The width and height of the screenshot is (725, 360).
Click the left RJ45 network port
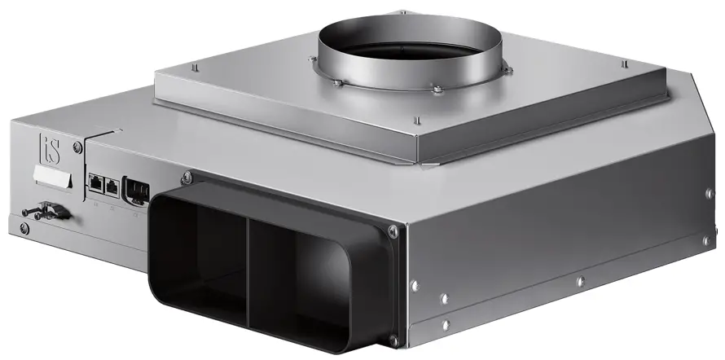click(x=96, y=184)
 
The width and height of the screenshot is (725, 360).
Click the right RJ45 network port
click(x=112, y=187)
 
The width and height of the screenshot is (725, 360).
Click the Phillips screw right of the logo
click(x=77, y=147)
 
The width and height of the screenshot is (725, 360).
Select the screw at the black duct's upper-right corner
click(x=394, y=232)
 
